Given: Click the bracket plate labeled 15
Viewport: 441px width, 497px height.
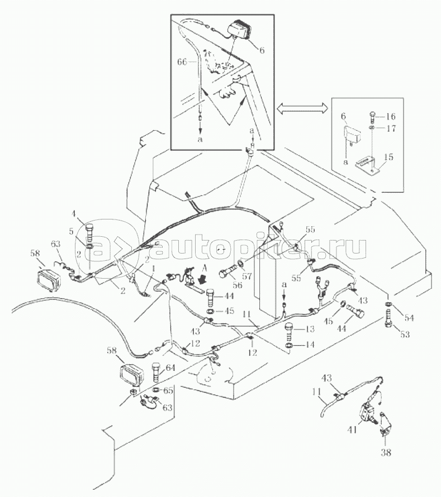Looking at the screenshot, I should pos(367,163).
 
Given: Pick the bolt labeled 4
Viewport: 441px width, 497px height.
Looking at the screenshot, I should pos(90,230).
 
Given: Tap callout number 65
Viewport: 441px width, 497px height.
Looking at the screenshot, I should pos(168,390).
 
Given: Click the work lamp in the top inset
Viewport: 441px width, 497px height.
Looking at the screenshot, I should pos(242,31).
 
